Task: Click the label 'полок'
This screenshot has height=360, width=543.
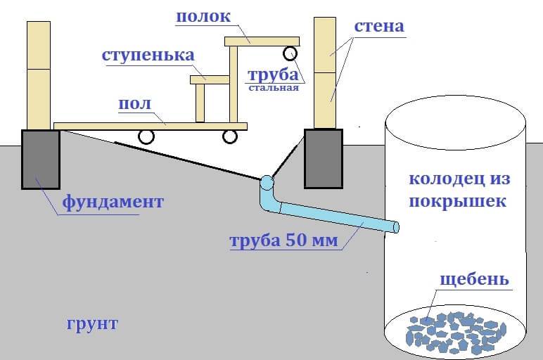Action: pos(203,17)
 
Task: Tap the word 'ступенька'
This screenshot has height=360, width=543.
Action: pos(148,56)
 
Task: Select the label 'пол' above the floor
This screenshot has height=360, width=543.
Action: pos(135,104)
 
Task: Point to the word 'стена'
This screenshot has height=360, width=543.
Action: pos(379,27)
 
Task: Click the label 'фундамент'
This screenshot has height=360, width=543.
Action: pos(113,202)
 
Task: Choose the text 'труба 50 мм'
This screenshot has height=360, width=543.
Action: pos(284,240)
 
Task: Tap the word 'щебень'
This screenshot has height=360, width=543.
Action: pos(475,279)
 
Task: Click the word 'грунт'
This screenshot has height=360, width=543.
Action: pos(92,324)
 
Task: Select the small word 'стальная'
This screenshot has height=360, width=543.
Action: pos(274,88)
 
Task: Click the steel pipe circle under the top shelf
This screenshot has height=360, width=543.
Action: pos(290,53)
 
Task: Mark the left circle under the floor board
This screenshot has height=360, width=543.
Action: pos(146,136)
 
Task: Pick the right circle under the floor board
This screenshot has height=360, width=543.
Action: pos(229,136)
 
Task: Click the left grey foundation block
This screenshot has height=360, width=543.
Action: pos(41,159)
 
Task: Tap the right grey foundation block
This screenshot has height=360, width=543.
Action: pos(324,159)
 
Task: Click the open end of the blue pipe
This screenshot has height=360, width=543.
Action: pos(396,227)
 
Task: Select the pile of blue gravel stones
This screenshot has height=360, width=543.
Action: pos(456,333)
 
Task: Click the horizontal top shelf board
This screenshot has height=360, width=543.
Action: pos(262,41)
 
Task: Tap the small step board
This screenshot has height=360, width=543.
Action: pos(210,80)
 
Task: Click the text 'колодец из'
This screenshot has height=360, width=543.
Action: pos(459,179)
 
